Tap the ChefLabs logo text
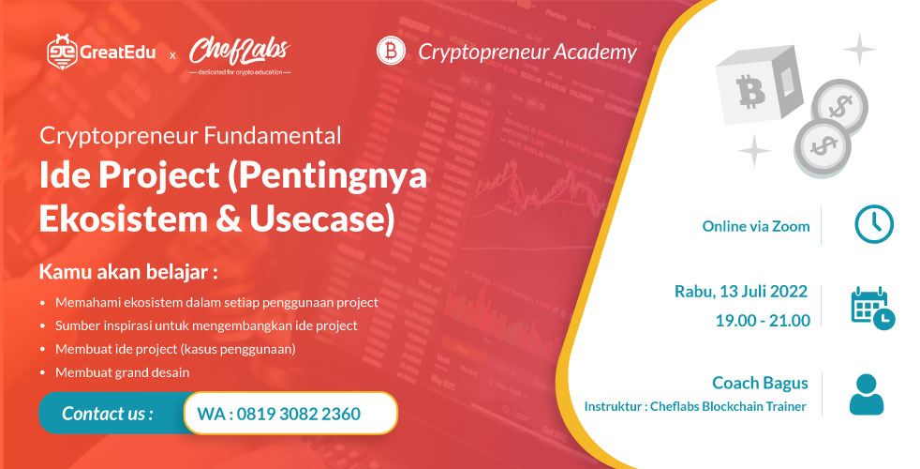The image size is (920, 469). pyautogui.click(x=238, y=51)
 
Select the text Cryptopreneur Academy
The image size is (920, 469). pyautogui.click(x=527, y=52)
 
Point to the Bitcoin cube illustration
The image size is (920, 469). pyautogui.click(x=758, y=91)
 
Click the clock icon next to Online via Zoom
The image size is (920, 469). pyautogui.click(x=873, y=225)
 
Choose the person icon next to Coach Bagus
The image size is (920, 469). pyautogui.click(x=866, y=394)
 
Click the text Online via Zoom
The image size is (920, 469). pyautogui.click(x=755, y=226)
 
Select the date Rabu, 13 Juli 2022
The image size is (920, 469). pyautogui.click(x=741, y=292)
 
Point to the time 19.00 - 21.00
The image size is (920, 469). pyautogui.click(x=762, y=321)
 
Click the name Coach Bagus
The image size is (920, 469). pyautogui.click(x=759, y=383)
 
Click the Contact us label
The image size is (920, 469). pyautogui.click(x=107, y=414)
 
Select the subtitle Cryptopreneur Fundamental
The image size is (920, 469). pyautogui.click(x=190, y=135)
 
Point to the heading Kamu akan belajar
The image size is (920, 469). pyautogui.click(x=128, y=273)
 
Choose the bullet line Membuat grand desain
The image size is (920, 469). pyautogui.click(x=122, y=372)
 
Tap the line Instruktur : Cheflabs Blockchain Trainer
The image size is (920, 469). pyautogui.click(x=694, y=407)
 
